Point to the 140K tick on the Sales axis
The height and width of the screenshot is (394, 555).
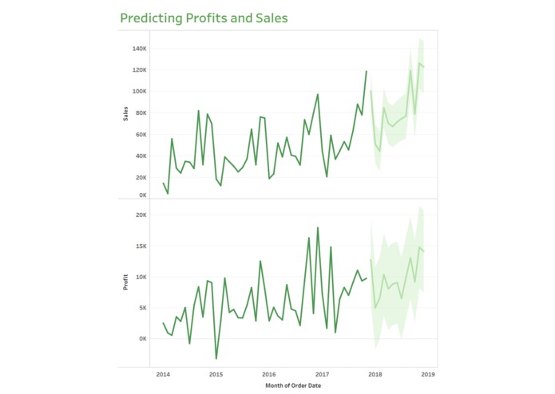[138, 49]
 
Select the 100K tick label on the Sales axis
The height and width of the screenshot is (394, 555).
[138, 92]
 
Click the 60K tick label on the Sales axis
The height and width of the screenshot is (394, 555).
[140, 135]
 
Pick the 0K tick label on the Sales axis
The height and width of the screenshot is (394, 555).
[141, 195]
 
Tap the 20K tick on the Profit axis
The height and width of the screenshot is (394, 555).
[140, 215]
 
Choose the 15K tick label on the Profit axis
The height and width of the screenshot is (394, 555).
[140, 246]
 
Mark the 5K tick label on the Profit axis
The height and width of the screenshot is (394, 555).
[141, 308]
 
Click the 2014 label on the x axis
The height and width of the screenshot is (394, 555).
[163, 373]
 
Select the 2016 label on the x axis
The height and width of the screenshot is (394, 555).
[269, 373]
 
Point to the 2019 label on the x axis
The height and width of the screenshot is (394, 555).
[427, 373]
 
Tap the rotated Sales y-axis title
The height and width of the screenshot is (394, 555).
[125, 113]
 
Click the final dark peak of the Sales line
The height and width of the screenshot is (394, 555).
[367, 71]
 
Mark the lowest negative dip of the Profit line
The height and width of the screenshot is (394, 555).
[216, 359]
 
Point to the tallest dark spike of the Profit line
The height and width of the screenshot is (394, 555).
[318, 228]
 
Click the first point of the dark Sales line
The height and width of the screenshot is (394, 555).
[163, 183]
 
